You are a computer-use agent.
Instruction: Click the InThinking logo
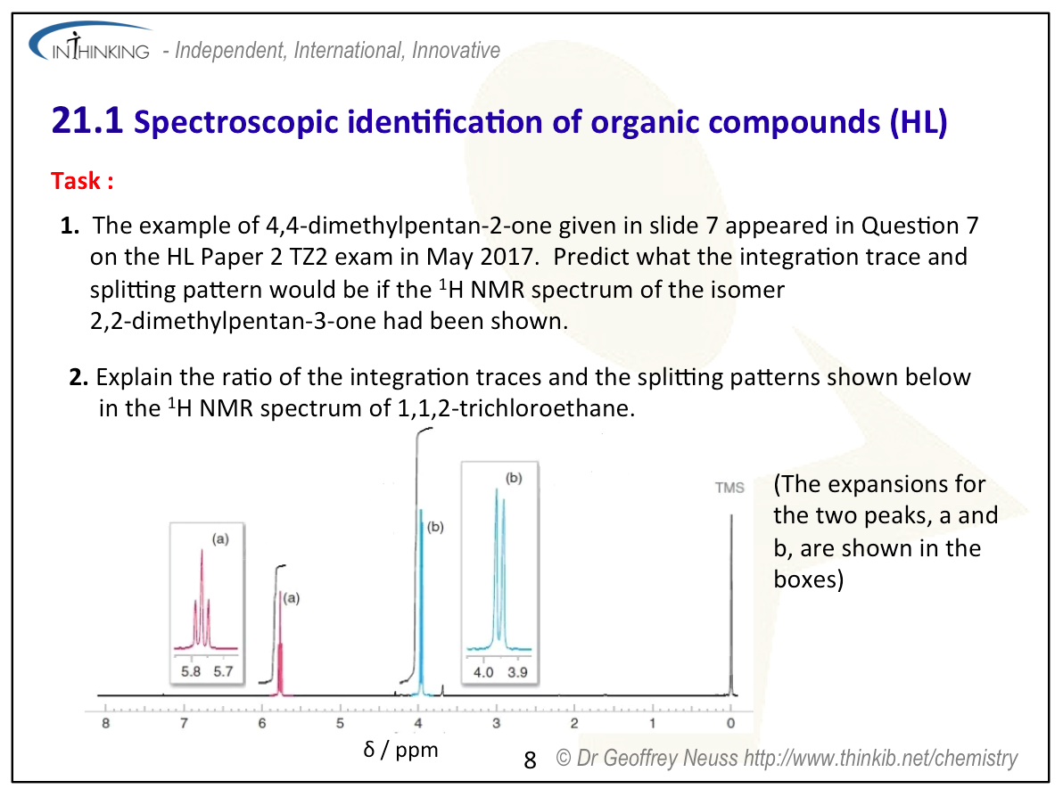point(90,43)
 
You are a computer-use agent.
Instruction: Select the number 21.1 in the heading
point(87,120)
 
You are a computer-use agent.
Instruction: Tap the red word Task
point(76,181)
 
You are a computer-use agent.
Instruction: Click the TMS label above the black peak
point(729,488)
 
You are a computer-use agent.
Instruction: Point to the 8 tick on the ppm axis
point(106,723)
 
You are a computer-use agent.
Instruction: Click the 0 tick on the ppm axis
point(731,723)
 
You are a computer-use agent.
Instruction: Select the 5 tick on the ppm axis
point(341,723)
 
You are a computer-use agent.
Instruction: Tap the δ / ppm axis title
point(400,750)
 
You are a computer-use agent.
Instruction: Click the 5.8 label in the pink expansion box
point(191,671)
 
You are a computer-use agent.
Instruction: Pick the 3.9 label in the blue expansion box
point(517,672)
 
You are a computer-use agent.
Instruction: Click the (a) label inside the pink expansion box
point(220,539)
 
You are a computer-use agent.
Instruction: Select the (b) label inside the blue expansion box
point(514,478)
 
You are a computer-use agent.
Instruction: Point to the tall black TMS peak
point(731,604)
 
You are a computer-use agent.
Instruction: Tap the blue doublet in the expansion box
point(499,570)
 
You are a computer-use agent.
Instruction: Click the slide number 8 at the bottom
point(530,760)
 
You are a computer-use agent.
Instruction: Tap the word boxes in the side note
point(809,579)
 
